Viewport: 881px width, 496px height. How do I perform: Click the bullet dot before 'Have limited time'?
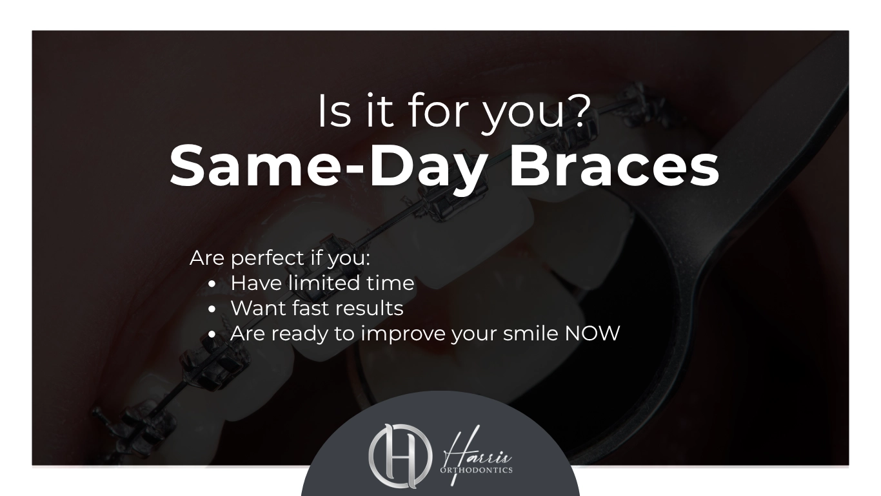[212, 284]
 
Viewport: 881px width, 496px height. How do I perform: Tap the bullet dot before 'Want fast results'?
[212, 309]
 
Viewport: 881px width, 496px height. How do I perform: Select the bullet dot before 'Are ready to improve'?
[212, 335]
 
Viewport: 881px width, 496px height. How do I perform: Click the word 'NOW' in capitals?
[592, 333]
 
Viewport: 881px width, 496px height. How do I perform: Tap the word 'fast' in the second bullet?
[309, 308]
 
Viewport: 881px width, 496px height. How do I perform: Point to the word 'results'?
[367, 308]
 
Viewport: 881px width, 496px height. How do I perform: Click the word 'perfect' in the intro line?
[268, 259]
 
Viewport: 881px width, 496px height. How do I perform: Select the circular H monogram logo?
[401, 456]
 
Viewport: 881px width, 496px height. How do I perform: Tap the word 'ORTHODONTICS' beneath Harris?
[477, 470]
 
